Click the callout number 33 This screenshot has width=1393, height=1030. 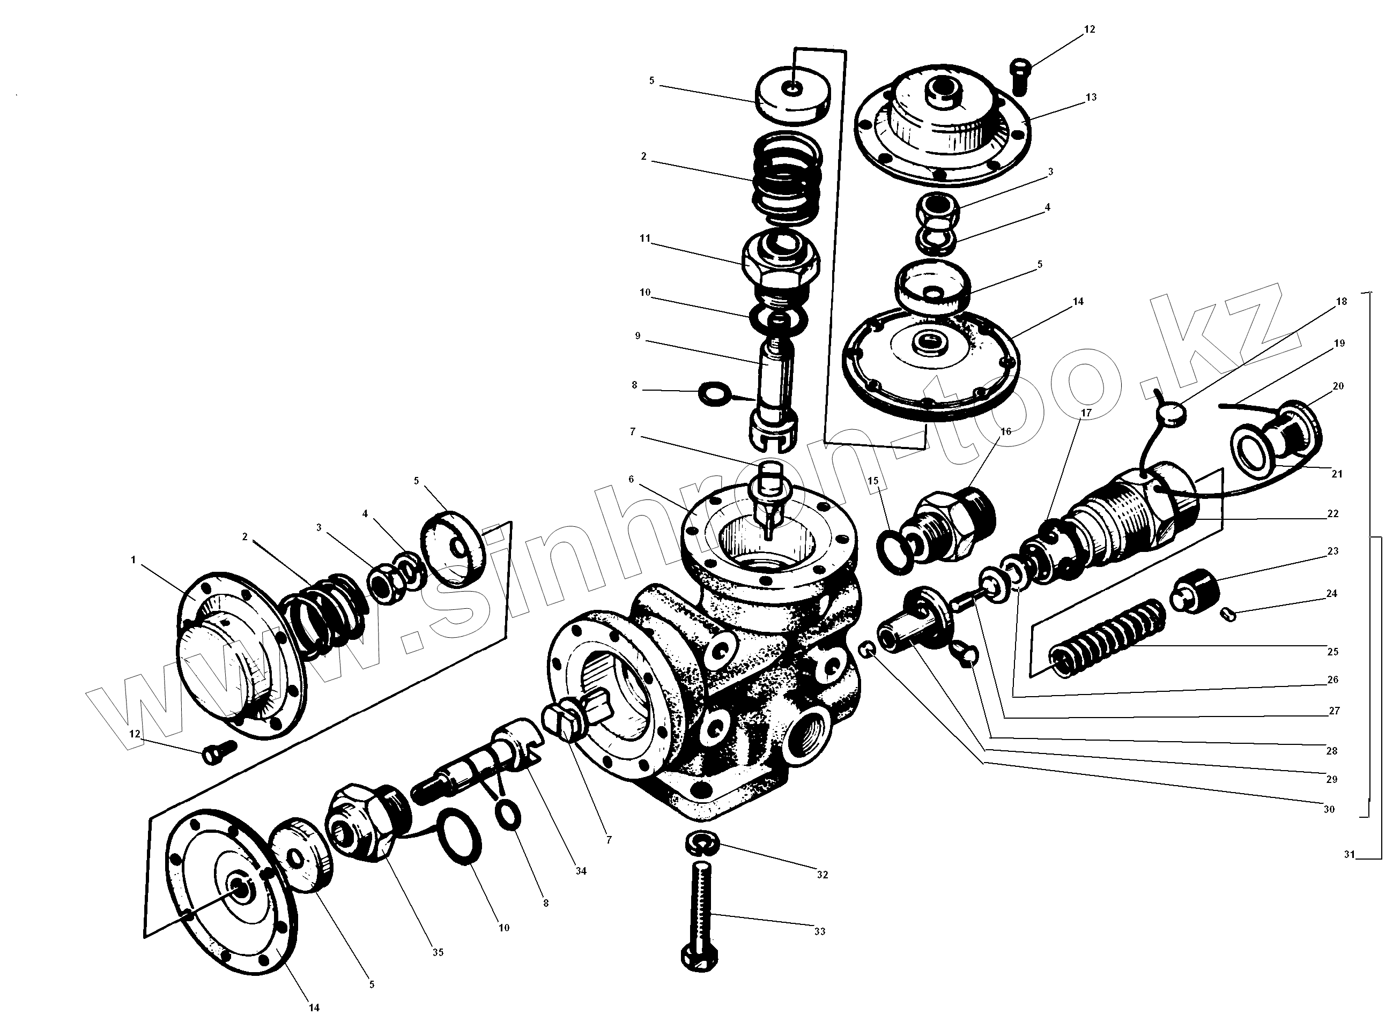click(820, 931)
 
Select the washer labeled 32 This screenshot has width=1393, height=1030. click(702, 845)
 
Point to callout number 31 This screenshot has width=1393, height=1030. click(1350, 855)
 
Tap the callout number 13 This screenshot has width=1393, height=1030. click(1091, 97)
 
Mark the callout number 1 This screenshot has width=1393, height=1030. click(133, 561)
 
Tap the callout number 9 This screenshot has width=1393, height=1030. click(638, 336)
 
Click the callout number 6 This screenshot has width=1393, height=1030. click(631, 480)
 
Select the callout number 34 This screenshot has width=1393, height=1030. click(581, 871)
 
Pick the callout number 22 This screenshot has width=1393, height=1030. click(1332, 514)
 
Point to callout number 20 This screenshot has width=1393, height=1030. click(1337, 386)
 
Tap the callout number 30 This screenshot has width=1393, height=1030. click(1329, 809)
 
